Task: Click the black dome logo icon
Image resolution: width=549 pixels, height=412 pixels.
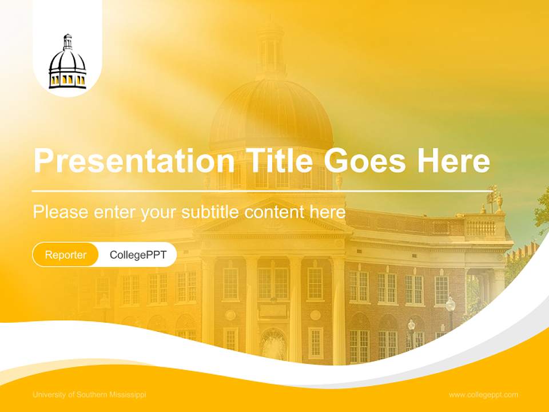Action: pos(67,64)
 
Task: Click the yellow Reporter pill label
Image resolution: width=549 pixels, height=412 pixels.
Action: pos(66,255)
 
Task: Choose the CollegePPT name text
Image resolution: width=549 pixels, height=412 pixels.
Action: pos(138,255)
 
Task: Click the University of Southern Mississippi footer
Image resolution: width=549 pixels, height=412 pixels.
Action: pos(90,395)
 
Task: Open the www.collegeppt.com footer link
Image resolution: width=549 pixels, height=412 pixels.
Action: pos(483,395)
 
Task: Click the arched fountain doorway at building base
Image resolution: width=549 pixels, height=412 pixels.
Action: pos(273,343)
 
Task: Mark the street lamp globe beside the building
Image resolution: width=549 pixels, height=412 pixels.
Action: pos(451,303)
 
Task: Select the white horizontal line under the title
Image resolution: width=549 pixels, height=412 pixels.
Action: pos(263,191)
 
